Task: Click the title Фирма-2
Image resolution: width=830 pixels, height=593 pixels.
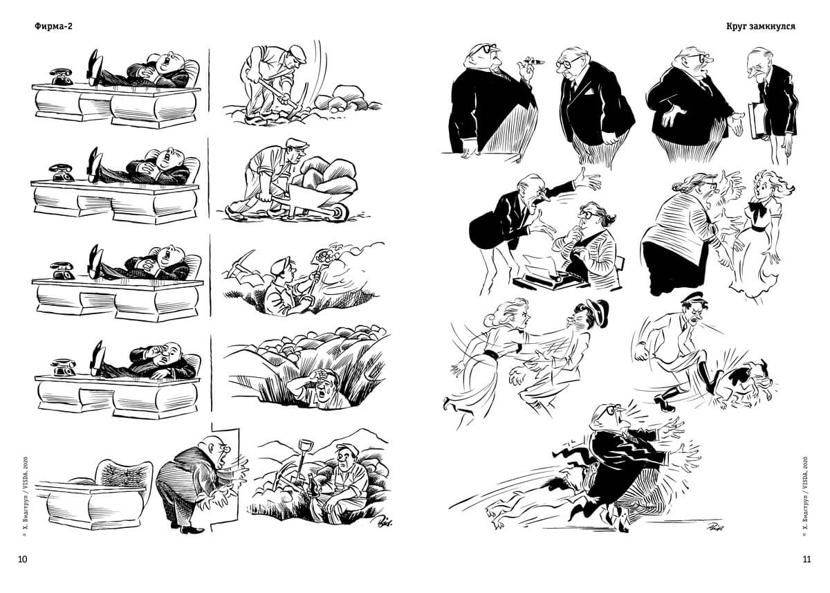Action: click(x=53, y=26)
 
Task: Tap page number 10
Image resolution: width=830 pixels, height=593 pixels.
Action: click(x=23, y=559)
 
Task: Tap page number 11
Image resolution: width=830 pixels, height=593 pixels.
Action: click(x=806, y=559)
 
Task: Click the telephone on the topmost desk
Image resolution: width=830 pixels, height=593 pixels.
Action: click(x=61, y=77)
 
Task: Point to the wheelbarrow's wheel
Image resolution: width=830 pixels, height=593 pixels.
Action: click(x=340, y=212)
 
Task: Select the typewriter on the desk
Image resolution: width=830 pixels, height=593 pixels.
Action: click(x=548, y=274)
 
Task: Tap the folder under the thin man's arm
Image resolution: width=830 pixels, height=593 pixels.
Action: click(x=756, y=120)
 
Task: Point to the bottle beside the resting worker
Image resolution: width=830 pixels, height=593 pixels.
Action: click(x=311, y=485)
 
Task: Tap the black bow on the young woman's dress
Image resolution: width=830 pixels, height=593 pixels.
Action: click(x=757, y=210)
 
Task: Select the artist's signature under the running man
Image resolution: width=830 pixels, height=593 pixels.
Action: click(x=715, y=526)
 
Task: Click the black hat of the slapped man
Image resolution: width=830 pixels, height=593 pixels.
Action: click(x=596, y=311)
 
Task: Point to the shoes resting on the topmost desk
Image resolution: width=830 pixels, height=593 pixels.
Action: click(x=95, y=66)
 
